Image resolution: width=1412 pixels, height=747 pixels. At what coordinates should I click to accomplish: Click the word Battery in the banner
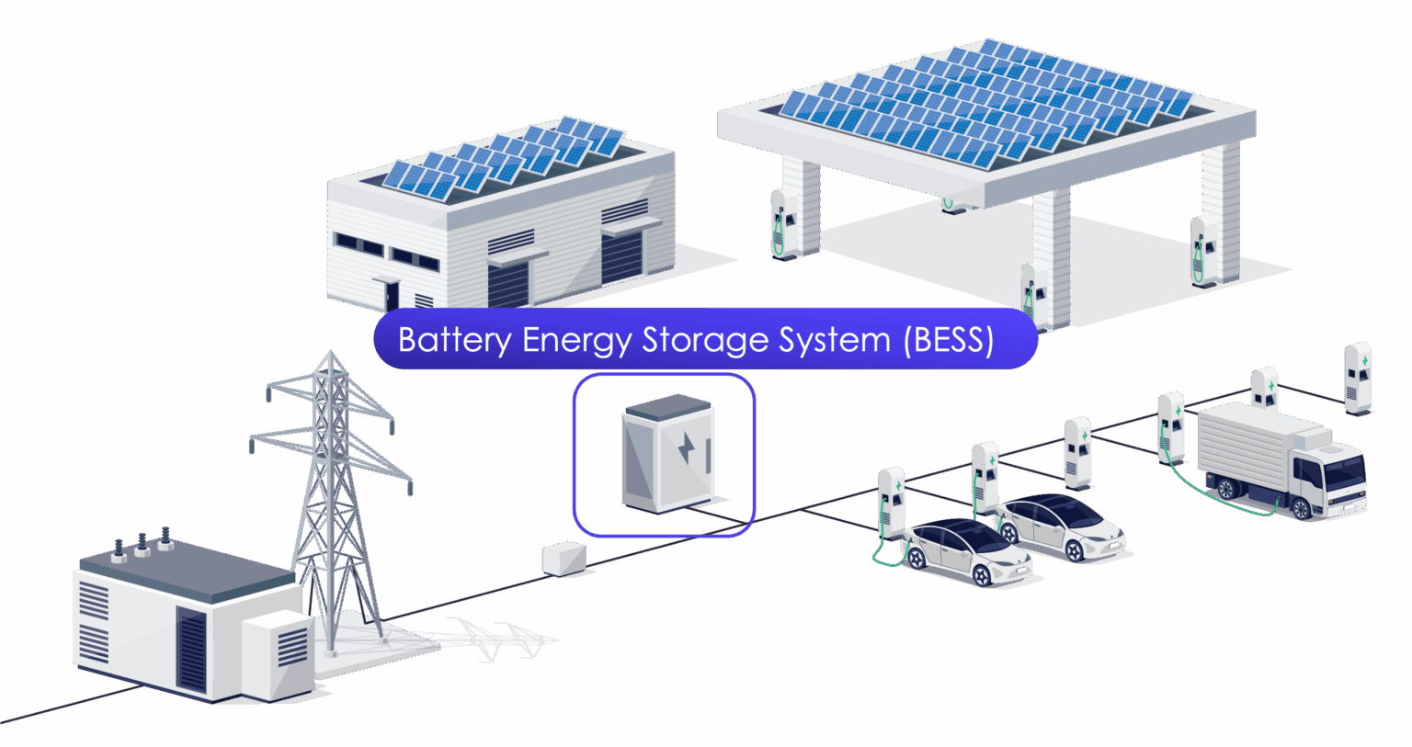(x=454, y=340)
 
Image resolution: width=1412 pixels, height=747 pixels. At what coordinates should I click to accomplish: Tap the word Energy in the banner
(x=576, y=341)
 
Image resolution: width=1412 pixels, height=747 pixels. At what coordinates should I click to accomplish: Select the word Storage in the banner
(x=705, y=340)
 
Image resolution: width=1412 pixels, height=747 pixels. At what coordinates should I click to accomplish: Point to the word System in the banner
(x=835, y=340)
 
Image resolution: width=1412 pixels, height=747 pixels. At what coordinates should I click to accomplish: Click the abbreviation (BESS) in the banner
(x=949, y=340)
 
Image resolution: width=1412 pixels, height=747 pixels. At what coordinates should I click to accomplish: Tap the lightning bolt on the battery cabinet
(x=687, y=449)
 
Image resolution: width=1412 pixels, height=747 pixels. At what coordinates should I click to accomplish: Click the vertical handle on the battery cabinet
(x=709, y=456)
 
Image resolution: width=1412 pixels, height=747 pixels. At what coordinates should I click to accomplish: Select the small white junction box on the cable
(x=564, y=558)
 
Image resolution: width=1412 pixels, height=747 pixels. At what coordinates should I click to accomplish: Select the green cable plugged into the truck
(x=1223, y=501)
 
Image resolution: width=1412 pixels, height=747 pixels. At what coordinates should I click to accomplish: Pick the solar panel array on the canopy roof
(x=984, y=101)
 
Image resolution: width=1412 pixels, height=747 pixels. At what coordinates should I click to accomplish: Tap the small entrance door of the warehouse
(x=393, y=295)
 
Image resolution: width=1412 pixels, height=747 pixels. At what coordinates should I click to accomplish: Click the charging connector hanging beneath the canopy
(x=948, y=202)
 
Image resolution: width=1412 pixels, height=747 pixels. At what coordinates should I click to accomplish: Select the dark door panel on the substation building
(x=192, y=648)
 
